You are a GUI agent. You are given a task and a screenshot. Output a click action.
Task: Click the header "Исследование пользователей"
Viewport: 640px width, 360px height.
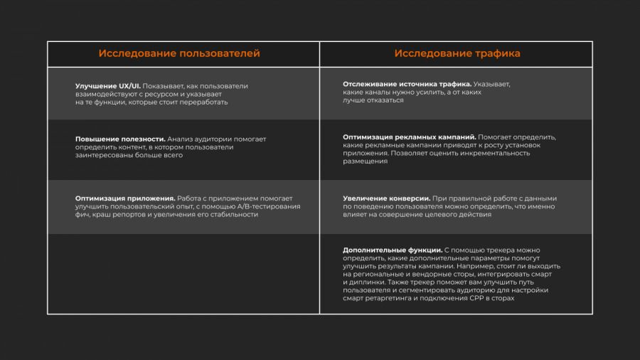pos(179,53)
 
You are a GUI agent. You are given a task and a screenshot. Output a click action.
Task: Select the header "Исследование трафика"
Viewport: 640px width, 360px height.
pos(457,53)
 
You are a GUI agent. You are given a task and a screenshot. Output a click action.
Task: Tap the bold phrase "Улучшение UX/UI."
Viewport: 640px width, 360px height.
pos(107,86)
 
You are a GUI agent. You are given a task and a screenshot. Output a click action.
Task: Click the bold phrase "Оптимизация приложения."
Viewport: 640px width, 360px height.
pos(125,198)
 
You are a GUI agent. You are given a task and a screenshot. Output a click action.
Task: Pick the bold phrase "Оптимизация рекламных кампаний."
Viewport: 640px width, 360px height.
pos(409,137)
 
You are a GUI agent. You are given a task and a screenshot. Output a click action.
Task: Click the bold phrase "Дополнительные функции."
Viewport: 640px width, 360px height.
pos(393,250)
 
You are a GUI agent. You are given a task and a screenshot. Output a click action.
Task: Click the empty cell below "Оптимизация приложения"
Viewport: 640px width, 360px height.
pos(183,273)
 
